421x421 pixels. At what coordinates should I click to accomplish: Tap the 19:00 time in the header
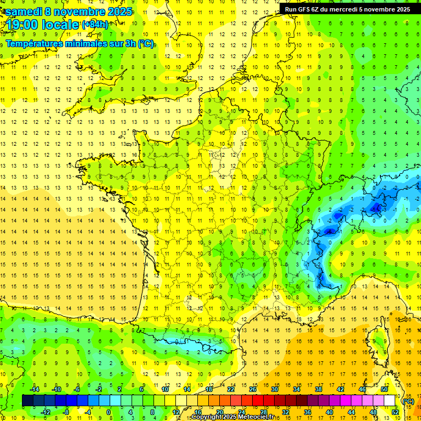pyautogui.click(x=25, y=24)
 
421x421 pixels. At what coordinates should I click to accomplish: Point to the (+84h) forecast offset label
pyautogui.click(x=95, y=24)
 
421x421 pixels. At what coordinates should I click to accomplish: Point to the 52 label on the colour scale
pyautogui.click(x=395, y=412)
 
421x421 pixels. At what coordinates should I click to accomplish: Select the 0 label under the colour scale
pyautogui.click(x=109, y=412)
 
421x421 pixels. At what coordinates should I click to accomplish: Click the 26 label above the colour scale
pyautogui.click(x=253, y=389)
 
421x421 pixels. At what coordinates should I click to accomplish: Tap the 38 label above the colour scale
pyautogui.click(x=318, y=389)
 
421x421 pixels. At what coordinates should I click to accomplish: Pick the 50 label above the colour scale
pyautogui.click(x=384, y=389)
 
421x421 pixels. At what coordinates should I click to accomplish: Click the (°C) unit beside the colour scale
pyautogui.click(x=408, y=401)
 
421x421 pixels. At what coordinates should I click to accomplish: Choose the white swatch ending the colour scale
pyautogui.click(x=390, y=401)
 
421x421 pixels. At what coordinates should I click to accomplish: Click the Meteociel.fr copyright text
pyautogui.click(x=233, y=417)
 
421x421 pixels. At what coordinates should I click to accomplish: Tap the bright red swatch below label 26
pyautogui.click(x=258, y=401)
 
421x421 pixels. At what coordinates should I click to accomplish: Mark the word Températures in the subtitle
pyautogui.click(x=32, y=44)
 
